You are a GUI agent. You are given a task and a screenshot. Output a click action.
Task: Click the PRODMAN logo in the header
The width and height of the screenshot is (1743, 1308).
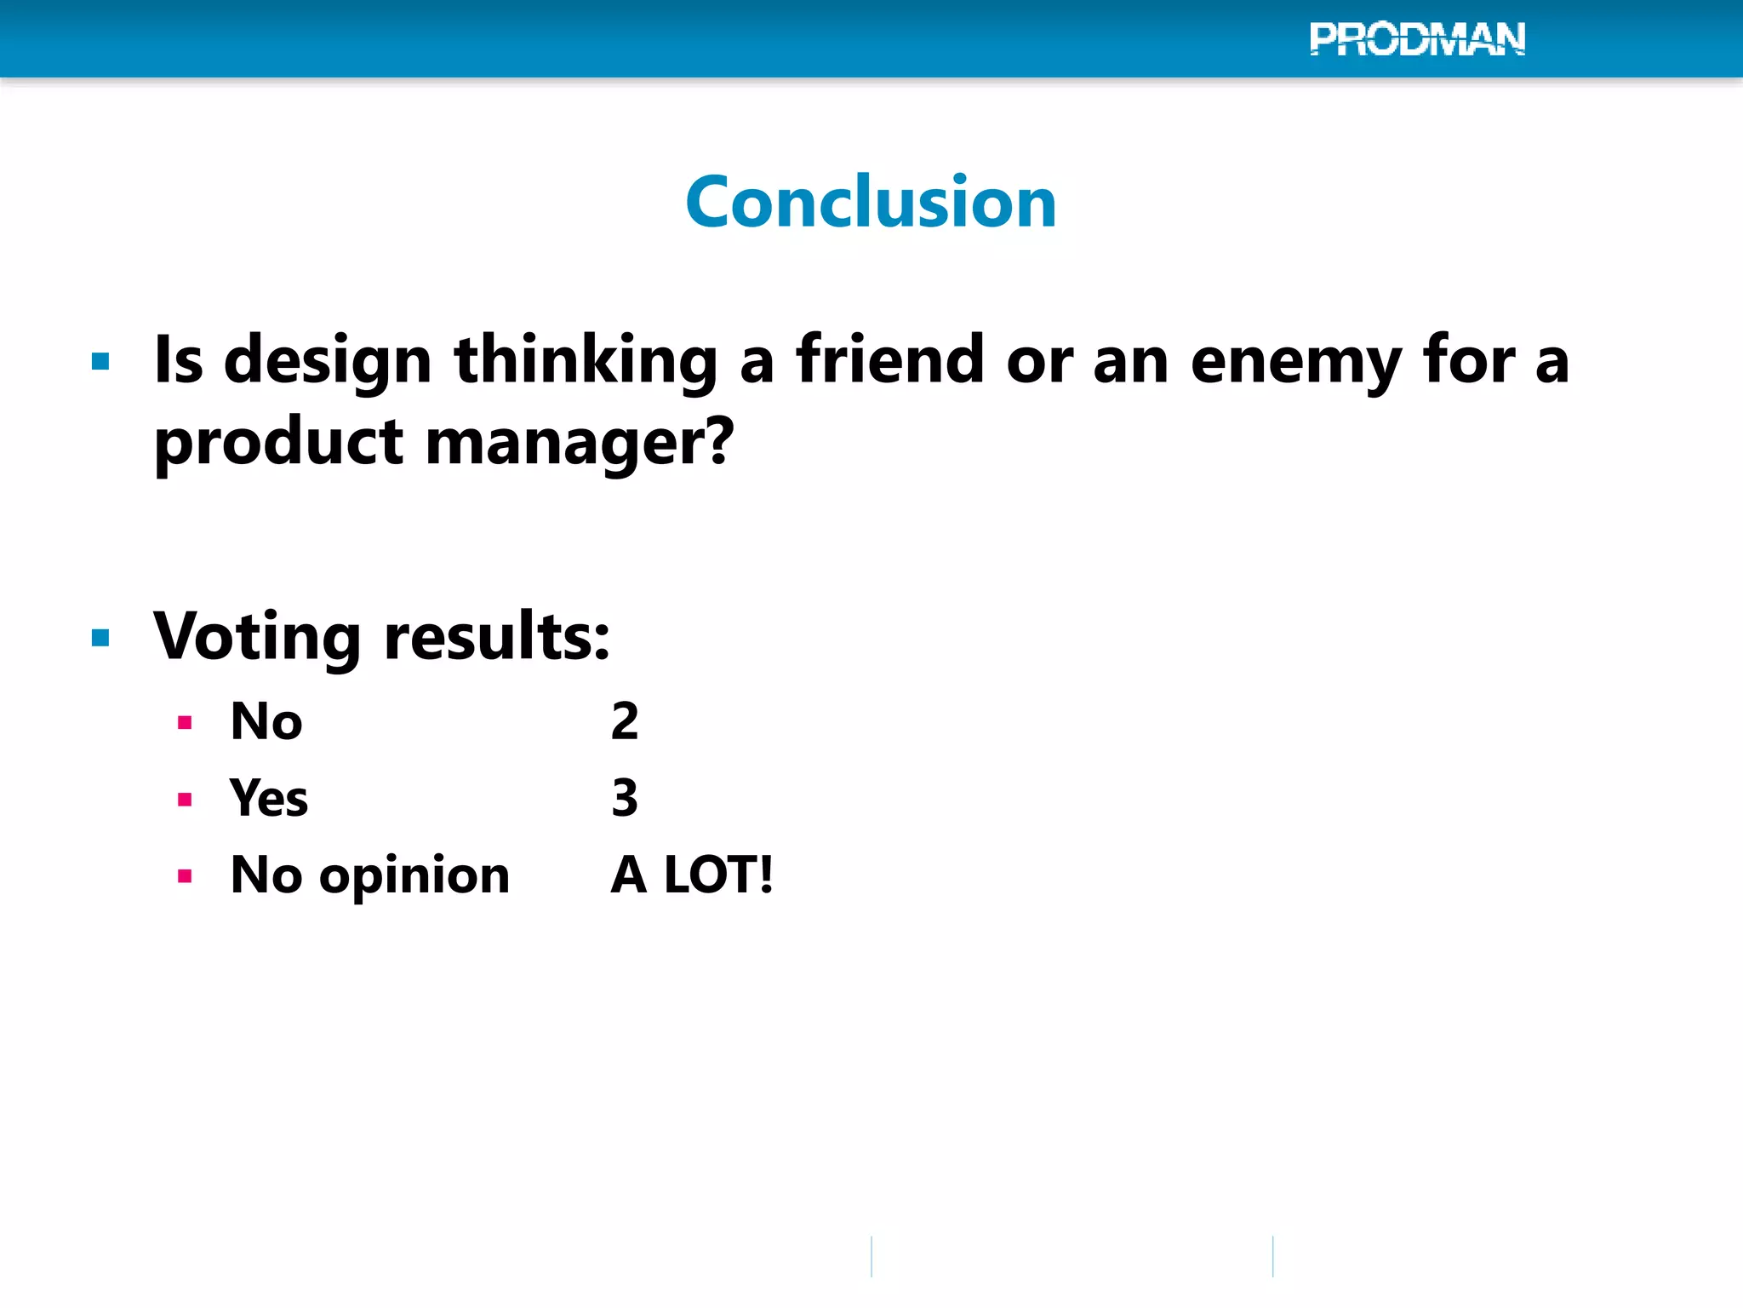[x=1417, y=39]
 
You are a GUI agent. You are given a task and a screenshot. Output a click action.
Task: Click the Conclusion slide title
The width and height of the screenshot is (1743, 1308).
[x=871, y=202]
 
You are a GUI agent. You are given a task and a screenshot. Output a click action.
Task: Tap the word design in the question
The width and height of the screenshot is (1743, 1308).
[x=328, y=361]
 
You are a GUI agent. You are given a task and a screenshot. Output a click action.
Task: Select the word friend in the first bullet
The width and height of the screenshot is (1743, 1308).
[x=889, y=359]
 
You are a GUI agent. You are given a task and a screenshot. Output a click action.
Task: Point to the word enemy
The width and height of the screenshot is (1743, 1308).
[x=1295, y=361]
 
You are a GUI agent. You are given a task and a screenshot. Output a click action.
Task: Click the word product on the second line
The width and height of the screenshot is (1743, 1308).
[x=278, y=443]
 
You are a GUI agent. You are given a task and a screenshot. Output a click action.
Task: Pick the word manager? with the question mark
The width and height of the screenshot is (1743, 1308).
[x=579, y=443]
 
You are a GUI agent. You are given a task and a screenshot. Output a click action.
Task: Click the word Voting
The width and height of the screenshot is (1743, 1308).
[x=258, y=637]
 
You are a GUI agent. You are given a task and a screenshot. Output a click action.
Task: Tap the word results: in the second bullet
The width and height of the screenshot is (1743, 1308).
[x=497, y=637]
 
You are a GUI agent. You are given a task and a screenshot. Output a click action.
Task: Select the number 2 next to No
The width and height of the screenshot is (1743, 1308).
[x=625, y=721]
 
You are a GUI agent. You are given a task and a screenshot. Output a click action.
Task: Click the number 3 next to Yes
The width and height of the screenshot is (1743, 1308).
[x=625, y=798]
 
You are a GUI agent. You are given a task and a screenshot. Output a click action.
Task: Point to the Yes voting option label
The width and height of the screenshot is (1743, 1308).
[x=268, y=798]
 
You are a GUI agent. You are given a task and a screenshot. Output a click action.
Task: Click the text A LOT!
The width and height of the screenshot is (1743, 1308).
[x=692, y=875]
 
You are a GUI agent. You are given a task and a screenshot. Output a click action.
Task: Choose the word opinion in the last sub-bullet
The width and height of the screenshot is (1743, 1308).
[x=414, y=876]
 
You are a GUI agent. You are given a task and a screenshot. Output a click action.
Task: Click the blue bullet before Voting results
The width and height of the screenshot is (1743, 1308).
[x=100, y=638]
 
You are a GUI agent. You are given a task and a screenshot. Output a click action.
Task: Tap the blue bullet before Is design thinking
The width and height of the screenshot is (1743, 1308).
[x=100, y=362]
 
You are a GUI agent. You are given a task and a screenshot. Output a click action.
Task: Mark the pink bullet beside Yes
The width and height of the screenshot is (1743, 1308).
[x=185, y=800]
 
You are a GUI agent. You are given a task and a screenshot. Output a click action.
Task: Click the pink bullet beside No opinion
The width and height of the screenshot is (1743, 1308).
[x=185, y=876]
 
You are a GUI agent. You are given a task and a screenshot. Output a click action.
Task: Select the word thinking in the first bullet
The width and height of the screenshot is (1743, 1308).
[x=586, y=361]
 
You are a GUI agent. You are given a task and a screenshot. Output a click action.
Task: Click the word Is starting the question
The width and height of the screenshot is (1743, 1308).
[x=179, y=361]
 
